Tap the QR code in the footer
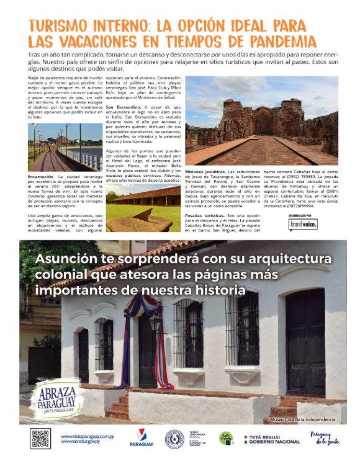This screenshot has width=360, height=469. click(x=40, y=437)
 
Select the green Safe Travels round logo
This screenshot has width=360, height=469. click(x=227, y=438)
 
